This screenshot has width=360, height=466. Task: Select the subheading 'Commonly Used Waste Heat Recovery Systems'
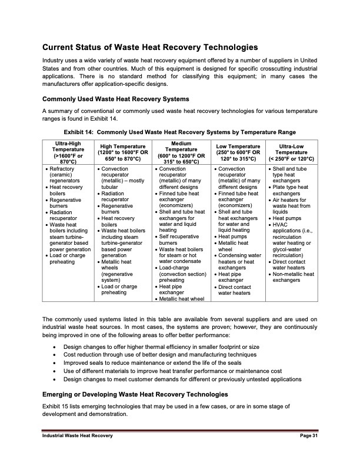pos(115,99)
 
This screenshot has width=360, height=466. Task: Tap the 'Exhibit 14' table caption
pos(179,131)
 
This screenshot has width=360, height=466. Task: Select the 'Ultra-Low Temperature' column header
pos(292,152)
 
